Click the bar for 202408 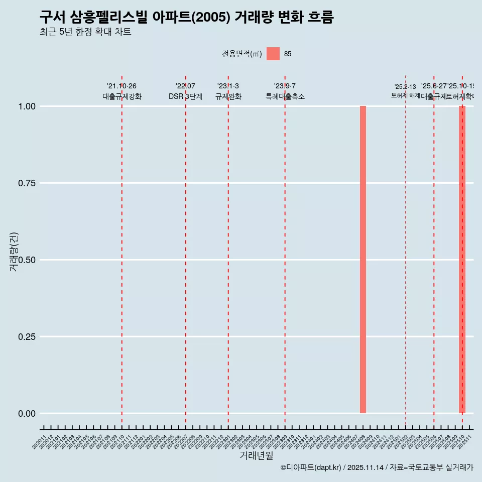[x=363, y=260]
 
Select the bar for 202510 [x=462, y=260]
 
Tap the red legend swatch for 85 [x=273, y=54]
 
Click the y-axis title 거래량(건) [x=14, y=252]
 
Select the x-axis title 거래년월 [x=257, y=456]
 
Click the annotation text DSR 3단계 [x=185, y=96]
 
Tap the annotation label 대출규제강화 [x=122, y=96]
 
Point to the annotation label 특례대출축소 [x=285, y=96]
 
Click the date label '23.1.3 [x=228, y=86]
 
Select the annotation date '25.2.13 [x=405, y=87]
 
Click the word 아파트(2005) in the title [x=200, y=17]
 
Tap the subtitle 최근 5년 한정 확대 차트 [x=85, y=32]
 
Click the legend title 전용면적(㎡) [x=242, y=54]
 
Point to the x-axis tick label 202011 [x=40, y=442]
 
